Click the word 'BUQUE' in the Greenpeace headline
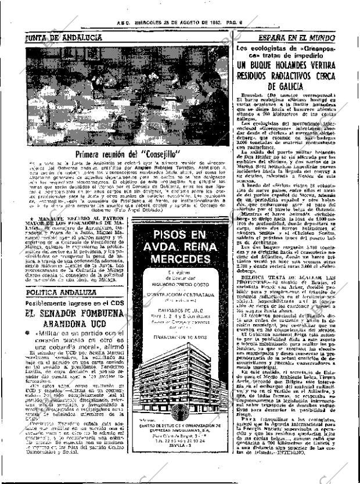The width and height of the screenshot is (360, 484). coord(271,65)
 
